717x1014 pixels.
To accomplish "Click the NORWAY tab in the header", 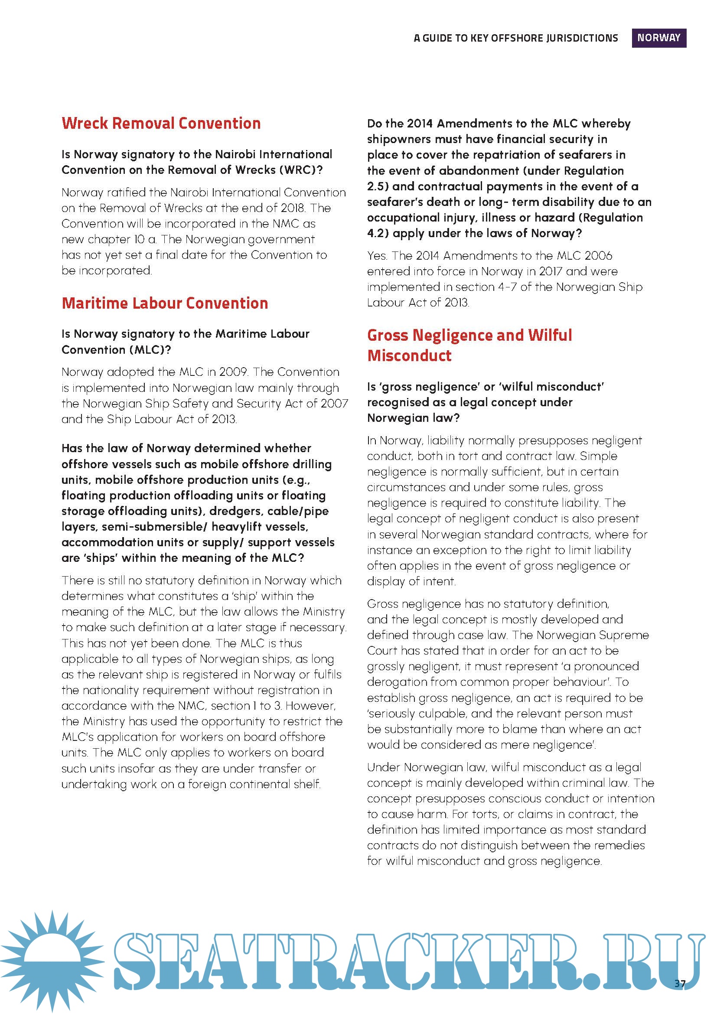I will pos(658,38).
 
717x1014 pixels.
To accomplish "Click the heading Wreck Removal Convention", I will pos(161,123).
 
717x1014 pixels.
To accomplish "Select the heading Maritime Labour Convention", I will pos(165,303).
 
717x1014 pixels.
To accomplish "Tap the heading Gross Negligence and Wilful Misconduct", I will pos(469,345).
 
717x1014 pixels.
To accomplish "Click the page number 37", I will pos(679,983).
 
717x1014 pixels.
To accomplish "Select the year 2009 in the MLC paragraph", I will pos(234,372).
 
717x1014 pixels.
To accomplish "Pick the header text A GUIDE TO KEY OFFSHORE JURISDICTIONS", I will pos(516,39).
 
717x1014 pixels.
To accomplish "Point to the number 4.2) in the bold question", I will pos(378,233).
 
